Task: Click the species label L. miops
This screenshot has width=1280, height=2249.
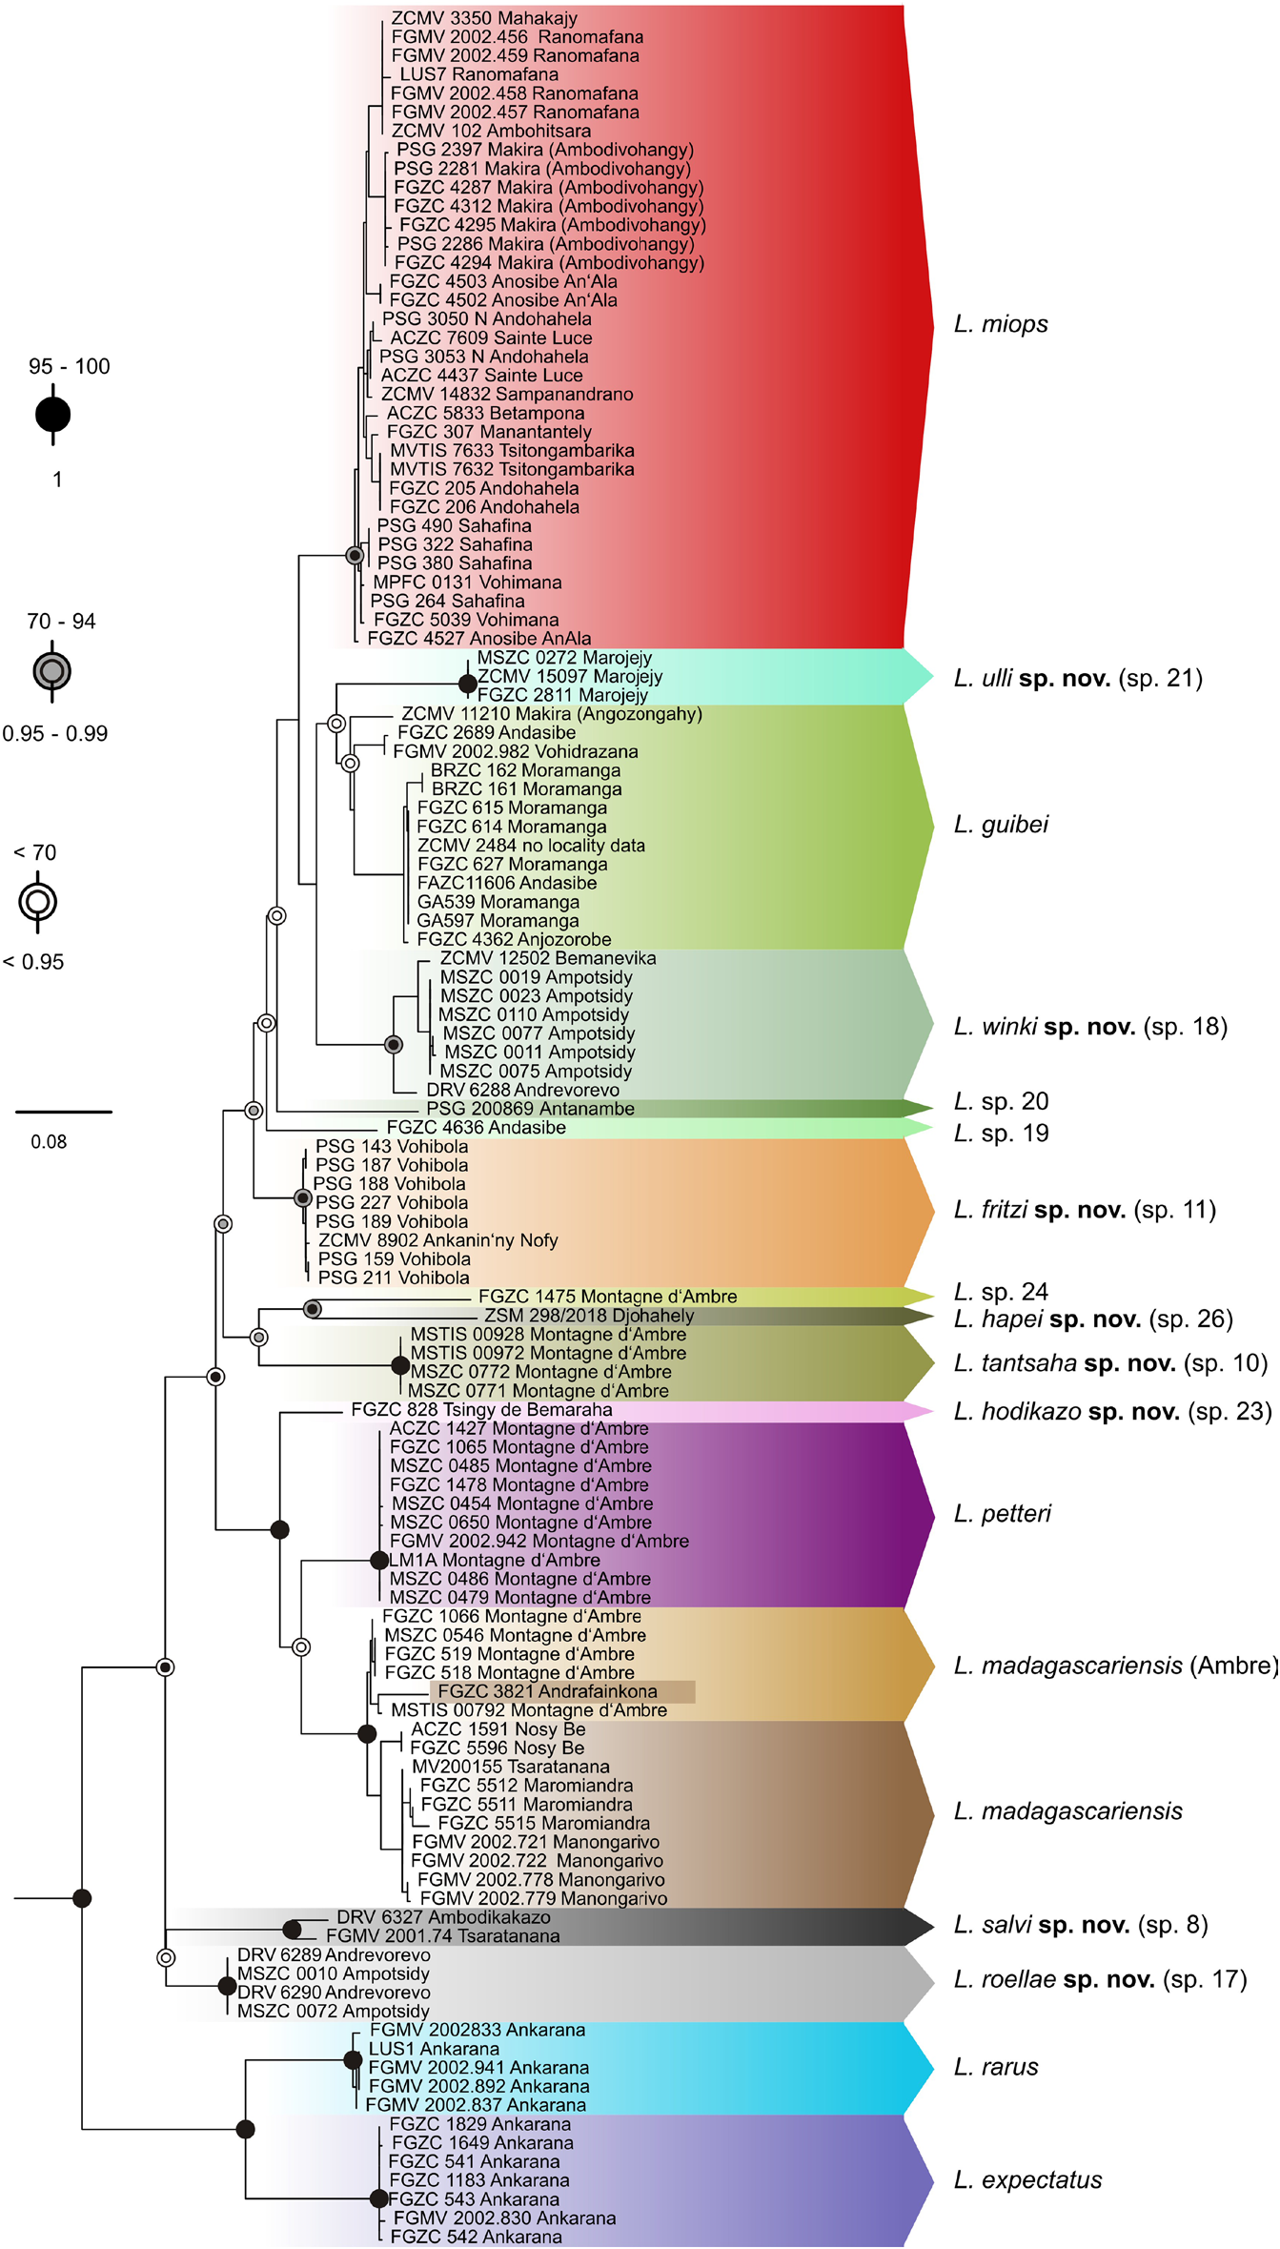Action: pyautogui.click(x=1001, y=324)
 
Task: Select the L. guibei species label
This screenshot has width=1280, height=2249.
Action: pyautogui.click(x=1001, y=825)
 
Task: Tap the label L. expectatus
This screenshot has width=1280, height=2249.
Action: pyautogui.click(x=1027, y=2179)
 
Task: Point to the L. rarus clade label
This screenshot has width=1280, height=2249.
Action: pyautogui.click(x=996, y=2067)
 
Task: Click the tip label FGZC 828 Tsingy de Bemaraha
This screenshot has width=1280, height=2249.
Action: pyautogui.click(x=481, y=1410)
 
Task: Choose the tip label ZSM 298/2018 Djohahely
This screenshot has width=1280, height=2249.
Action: pyautogui.click(x=589, y=1316)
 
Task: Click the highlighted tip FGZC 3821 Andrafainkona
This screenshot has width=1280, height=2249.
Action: pyautogui.click(x=548, y=1691)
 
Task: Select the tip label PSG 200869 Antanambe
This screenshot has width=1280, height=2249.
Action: pyautogui.click(x=530, y=1109)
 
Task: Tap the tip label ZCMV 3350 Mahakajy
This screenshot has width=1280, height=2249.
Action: pyautogui.click(x=484, y=18)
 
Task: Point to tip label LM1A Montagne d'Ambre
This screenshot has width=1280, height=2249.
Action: pyautogui.click(x=495, y=1561)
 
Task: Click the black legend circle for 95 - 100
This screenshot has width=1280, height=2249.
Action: pyautogui.click(x=53, y=415)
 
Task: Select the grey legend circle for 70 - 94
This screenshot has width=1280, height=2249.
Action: pyautogui.click(x=52, y=671)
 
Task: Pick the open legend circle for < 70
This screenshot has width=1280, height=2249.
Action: pyautogui.click(x=38, y=901)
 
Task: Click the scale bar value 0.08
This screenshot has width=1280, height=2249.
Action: pyautogui.click(x=49, y=1142)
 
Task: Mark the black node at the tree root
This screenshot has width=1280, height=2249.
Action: pyautogui.click(x=82, y=1898)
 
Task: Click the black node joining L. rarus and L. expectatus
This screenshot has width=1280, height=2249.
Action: pyautogui.click(x=245, y=2129)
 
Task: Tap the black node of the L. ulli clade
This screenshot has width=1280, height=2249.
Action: pyautogui.click(x=467, y=684)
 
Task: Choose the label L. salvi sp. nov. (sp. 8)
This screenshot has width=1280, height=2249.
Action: pyautogui.click(x=1081, y=1925)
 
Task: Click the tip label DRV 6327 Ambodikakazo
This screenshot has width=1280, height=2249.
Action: pyautogui.click(x=443, y=1917)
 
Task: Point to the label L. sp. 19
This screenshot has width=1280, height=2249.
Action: pyautogui.click(x=1001, y=1134)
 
